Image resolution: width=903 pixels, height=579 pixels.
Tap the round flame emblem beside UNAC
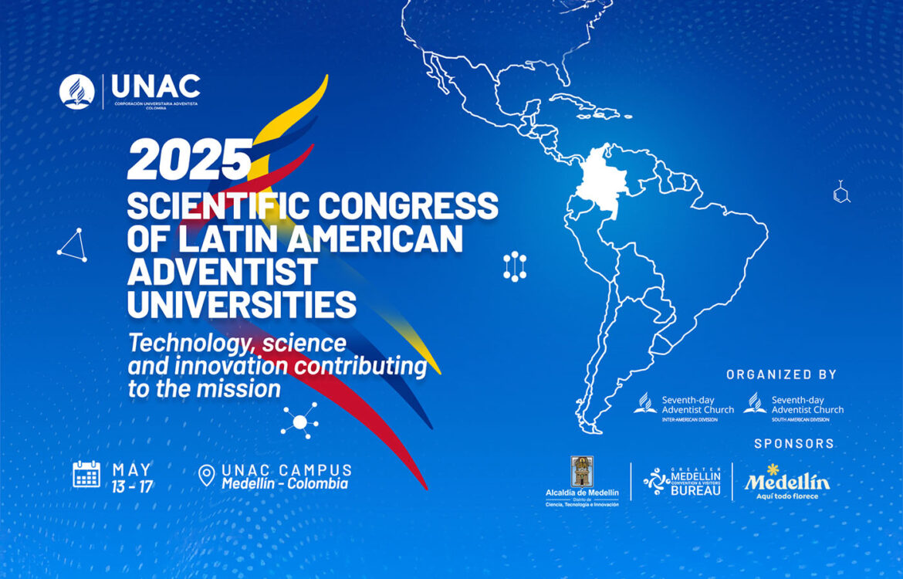tap(77, 92)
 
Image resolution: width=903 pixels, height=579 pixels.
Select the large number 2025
tap(190, 160)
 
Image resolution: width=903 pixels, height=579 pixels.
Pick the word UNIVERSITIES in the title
tap(242, 304)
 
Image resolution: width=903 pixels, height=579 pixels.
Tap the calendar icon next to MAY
tap(86, 474)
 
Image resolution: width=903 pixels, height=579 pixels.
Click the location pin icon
tap(206, 476)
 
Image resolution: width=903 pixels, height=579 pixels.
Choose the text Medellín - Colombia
tap(285, 484)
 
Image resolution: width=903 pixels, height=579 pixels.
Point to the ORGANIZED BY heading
tap(781, 374)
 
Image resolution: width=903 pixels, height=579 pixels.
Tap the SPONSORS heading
tap(794, 444)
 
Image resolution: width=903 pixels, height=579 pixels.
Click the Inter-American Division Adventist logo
tap(674, 406)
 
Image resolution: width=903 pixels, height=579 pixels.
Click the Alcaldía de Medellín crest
tap(582, 472)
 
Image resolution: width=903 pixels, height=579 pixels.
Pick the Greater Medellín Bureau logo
tap(682, 481)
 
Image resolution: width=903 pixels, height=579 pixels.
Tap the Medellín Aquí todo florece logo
tap(786, 482)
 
